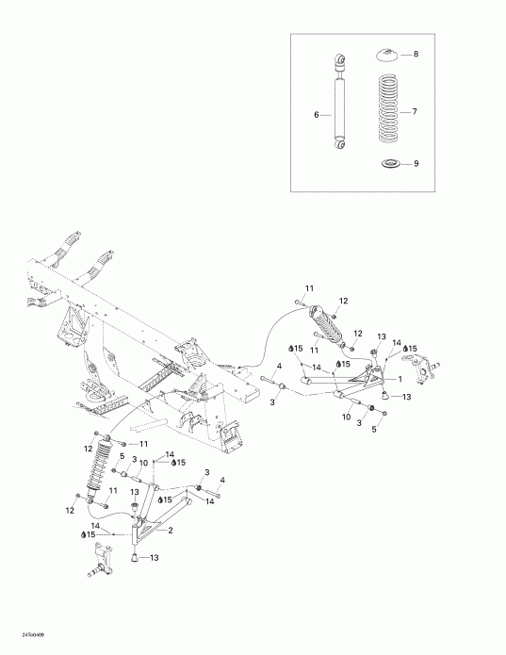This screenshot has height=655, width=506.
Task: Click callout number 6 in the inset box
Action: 317,115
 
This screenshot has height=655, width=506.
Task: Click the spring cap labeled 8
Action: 387,55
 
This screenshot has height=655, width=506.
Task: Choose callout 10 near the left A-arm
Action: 143,463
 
